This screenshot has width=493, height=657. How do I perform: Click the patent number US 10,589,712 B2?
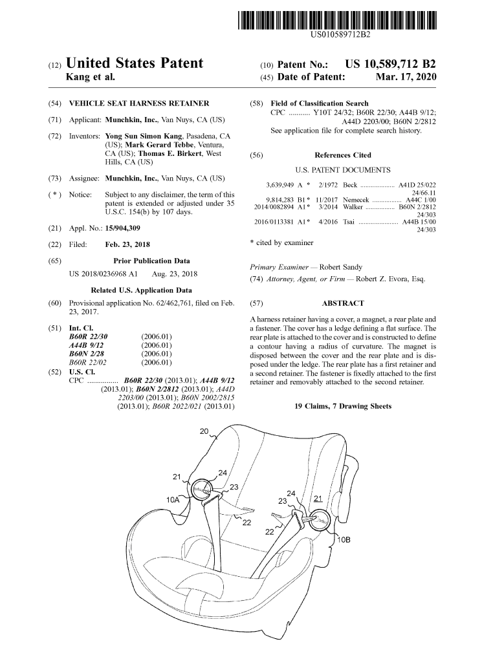[x=391, y=64]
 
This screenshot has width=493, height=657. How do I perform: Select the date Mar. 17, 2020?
[x=406, y=78]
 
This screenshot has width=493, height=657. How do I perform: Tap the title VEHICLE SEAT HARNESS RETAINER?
[x=139, y=103]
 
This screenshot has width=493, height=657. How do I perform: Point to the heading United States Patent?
[x=135, y=63]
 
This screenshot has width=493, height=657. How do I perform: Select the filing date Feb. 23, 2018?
[x=128, y=245]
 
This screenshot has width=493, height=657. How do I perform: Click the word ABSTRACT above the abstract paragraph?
[x=342, y=303]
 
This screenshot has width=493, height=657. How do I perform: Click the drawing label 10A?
[x=173, y=500]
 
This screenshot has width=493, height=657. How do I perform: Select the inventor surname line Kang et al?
[x=91, y=78]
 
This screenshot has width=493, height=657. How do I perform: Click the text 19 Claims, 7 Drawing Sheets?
[x=343, y=407]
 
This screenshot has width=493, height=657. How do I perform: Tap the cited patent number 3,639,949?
[x=279, y=184]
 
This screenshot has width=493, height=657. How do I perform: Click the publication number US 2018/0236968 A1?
[x=104, y=274]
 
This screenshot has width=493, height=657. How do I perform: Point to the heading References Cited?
[x=342, y=155]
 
